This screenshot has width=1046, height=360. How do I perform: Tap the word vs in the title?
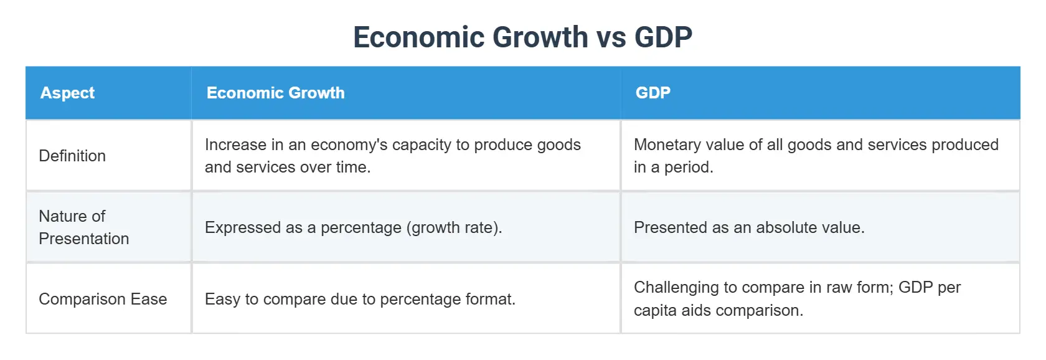point(611,37)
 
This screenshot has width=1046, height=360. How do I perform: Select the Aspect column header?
point(67,93)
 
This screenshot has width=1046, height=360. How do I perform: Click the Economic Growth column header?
point(275,93)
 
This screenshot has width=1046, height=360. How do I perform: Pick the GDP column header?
point(653,93)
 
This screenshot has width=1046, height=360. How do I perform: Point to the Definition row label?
point(72,156)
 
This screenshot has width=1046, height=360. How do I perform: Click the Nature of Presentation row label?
point(83,227)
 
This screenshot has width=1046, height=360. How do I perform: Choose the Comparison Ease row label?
point(103,299)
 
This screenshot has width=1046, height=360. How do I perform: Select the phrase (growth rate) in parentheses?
point(453,227)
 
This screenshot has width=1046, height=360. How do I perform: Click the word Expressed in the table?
point(243,227)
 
